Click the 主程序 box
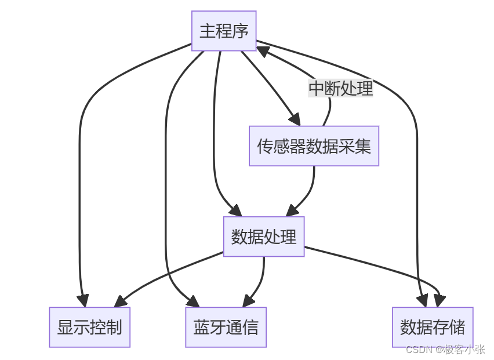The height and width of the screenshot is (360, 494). coord(224,31)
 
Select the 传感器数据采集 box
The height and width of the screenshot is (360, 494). coord(314,146)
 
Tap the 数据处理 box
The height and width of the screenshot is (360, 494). coord(264,237)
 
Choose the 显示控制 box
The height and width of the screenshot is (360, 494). coord(89,328)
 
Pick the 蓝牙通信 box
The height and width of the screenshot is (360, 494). coord(226,328)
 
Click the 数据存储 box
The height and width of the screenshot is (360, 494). coord(433,328)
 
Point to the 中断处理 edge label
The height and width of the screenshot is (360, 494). coord(340,89)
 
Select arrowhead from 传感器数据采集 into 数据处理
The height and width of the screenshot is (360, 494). coord(294,210)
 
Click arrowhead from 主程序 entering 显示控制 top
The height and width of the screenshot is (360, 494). coord(83,300)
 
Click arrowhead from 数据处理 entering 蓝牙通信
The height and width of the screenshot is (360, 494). coord(248,301)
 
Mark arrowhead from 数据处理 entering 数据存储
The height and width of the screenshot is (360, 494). coord(439,300)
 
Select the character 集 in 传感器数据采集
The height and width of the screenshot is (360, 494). coord(363,146)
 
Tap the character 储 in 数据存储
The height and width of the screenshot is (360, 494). coord(457,328)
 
